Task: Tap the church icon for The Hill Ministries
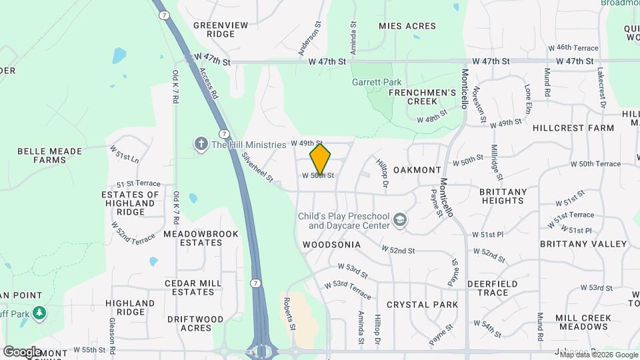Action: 200,144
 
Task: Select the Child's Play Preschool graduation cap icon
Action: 400,221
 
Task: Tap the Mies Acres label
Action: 407,26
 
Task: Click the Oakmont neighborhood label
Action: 417,170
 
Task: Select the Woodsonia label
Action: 331,245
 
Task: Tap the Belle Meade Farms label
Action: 41,155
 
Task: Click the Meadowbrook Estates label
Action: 192,239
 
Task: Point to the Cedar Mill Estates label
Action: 193,287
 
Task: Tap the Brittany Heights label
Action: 502,196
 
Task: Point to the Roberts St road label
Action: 290,313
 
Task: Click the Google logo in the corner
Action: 22,351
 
